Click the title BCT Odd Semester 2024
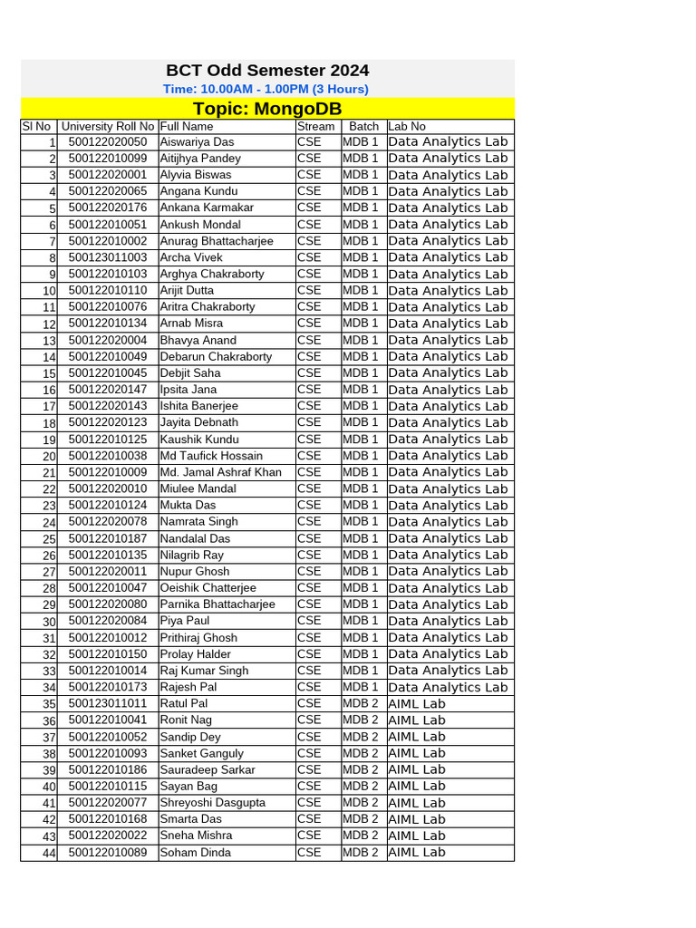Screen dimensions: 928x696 click(267, 71)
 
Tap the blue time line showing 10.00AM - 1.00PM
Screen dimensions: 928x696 click(266, 89)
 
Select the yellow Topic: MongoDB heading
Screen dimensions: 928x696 click(267, 109)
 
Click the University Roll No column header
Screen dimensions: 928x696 click(108, 126)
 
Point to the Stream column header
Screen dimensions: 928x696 click(315, 126)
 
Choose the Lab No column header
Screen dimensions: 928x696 click(407, 126)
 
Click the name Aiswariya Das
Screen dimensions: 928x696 click(197, 141)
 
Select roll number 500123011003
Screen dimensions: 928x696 click(107, 257)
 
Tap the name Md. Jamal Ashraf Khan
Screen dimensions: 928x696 click(220, 472)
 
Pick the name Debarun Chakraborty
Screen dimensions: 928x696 click(216, 356)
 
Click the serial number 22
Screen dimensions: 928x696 click(49, 489)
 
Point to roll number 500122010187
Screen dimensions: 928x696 click(107, 538)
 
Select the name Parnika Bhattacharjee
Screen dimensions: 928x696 click(217, 604)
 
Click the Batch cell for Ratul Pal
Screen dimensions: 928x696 click(361, 703)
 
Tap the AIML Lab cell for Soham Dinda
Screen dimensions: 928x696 click(417, 852)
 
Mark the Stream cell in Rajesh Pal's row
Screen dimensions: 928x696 click(309, 687)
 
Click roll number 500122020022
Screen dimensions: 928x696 click(107, 836)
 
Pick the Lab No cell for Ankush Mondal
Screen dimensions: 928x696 click(448, 225)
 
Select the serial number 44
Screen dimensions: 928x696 click(49, 853)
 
